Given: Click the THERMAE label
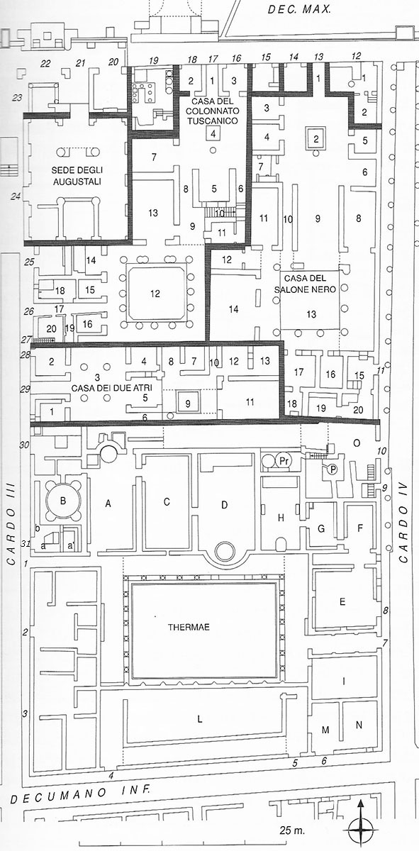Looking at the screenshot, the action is click(189, 627).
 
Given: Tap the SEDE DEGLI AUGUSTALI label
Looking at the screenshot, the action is click(77, 176).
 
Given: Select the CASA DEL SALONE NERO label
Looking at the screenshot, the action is click(311, 284).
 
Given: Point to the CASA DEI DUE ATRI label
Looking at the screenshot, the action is click(112, 388).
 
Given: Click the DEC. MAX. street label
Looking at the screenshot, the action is click(299, 9).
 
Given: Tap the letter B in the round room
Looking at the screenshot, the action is click(63, 501).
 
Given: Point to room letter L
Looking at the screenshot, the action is click(200, 719).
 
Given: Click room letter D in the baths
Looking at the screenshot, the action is click(225, 505).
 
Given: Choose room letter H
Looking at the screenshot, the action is click(281, 518).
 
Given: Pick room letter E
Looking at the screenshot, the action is click(342, 602).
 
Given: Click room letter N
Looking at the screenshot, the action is click(359, 725).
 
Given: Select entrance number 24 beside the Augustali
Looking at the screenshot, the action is click(16, 196).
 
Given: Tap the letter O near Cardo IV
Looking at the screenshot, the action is click(357, 443).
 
